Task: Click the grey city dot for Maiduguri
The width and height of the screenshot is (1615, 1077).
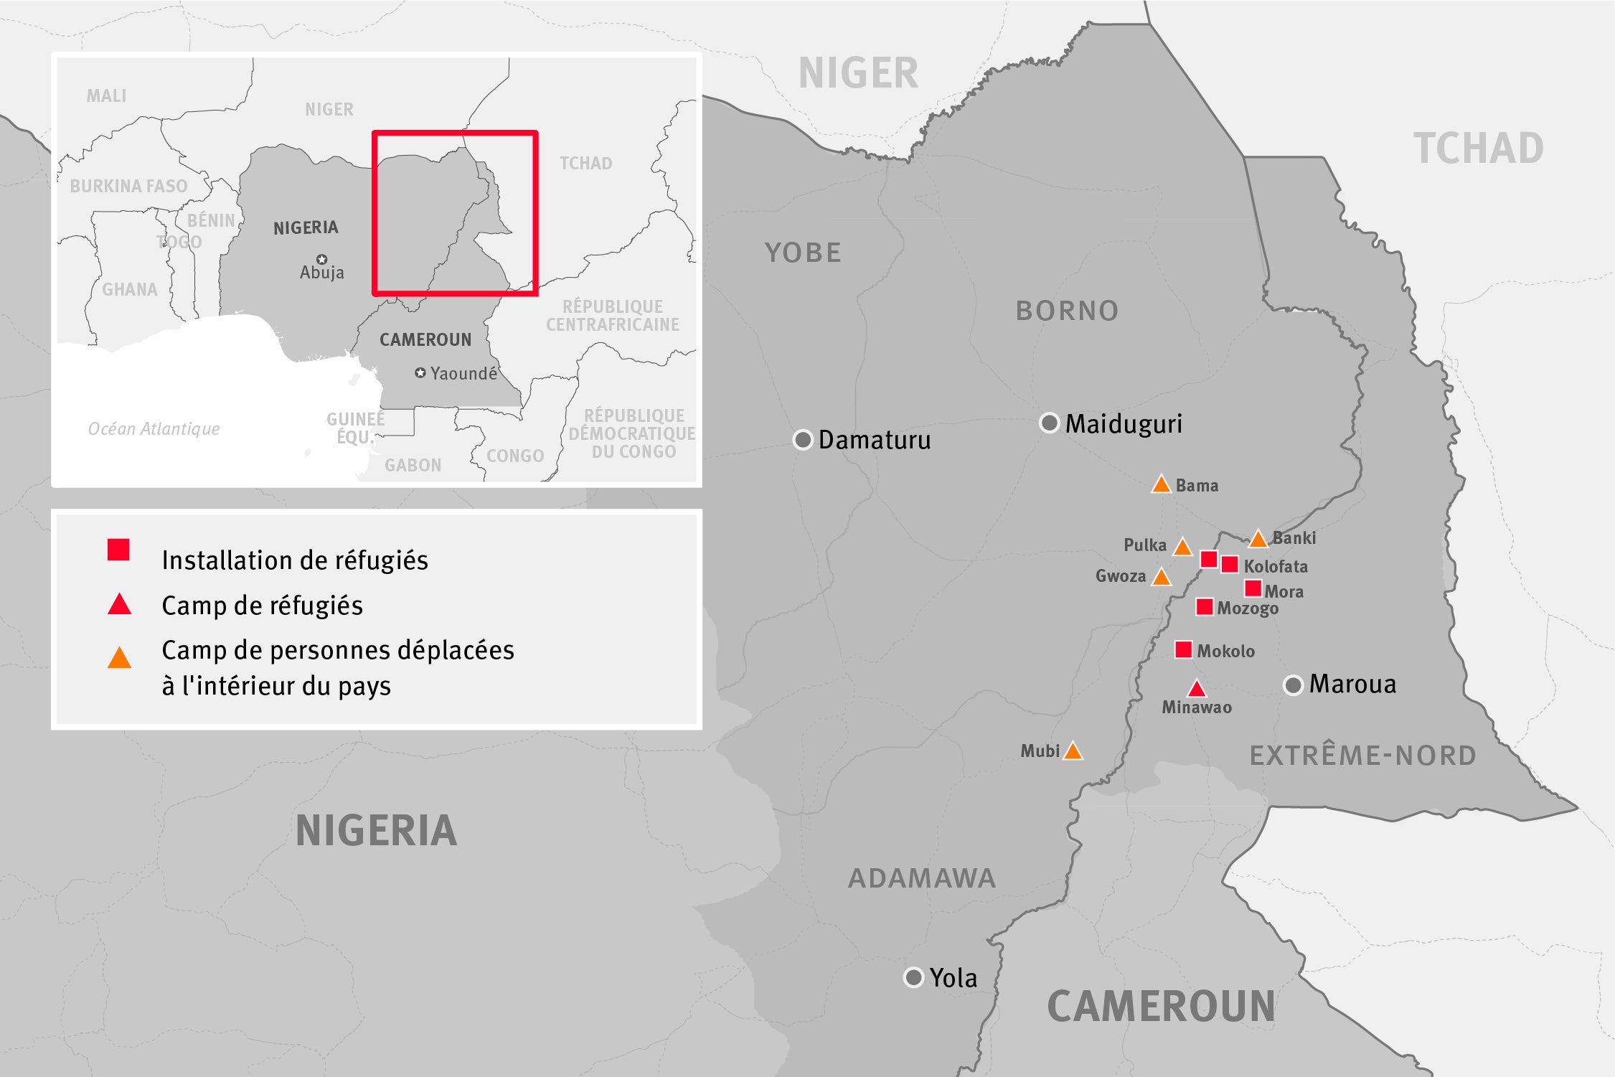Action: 1050,423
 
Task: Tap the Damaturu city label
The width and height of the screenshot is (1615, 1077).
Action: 874,440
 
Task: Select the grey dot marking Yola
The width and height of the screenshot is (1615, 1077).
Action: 913,977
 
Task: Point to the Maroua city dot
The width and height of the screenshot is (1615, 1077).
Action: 1293,685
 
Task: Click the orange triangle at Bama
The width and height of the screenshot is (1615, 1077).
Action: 1161,485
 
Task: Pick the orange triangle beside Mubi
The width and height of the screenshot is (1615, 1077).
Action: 1073,751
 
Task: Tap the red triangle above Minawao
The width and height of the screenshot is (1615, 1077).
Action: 1196,690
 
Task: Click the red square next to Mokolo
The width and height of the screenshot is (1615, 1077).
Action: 1183,650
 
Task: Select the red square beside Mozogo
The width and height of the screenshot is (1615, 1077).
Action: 1205,607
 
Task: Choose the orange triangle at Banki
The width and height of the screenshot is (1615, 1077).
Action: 1258,539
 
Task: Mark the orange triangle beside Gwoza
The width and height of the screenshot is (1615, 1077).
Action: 1161,577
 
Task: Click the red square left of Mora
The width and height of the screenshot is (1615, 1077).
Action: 1253,588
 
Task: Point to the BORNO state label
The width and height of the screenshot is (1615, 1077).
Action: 1067,311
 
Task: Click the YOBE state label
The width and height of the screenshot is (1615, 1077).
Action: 803,253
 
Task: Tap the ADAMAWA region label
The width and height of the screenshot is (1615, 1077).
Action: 922,878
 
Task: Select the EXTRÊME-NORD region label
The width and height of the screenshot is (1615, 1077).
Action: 1363,756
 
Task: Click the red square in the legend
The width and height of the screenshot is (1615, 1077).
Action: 118,550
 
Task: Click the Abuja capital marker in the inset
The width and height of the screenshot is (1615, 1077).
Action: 321,259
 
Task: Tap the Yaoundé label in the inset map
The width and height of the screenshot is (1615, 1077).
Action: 463,373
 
